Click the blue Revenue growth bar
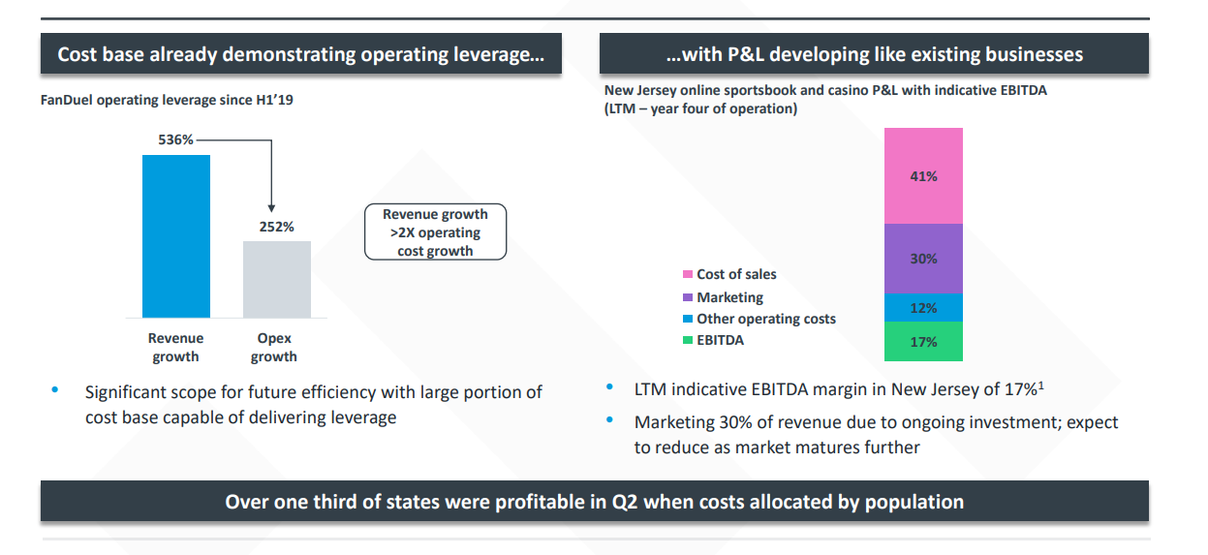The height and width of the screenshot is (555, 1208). point(175,235)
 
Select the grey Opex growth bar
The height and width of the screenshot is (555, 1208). point(276,279)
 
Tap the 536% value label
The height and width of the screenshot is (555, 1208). point(175,139)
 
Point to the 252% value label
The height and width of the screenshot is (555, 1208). point(276,227)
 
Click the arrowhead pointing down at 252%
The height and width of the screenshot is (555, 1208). point(271,206)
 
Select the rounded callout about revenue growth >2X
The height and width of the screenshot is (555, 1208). point(435,232)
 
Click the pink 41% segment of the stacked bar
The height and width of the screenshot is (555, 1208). point(923,176)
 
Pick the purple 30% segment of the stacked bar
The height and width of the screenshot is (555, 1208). point(923,259)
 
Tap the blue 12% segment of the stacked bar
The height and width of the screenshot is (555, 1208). point(923,308)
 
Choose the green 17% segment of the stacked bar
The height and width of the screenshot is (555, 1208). point(923,342)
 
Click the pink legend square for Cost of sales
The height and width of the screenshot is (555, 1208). point(688,275)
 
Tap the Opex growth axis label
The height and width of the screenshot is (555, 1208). point(274,348)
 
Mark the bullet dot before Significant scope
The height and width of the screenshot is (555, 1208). point(55,390)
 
